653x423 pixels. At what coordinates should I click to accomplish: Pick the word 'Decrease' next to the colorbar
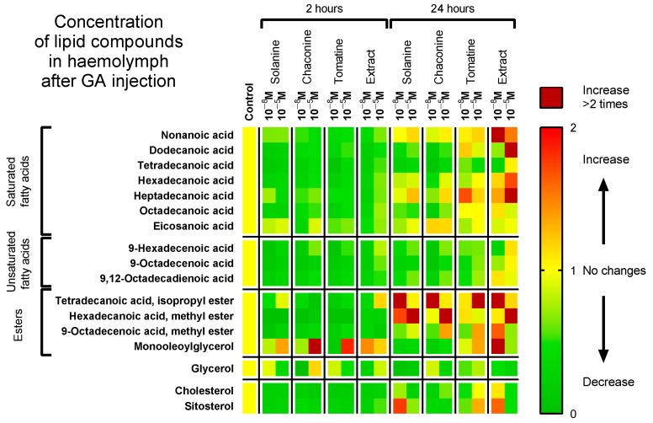(x=609, y=382)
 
